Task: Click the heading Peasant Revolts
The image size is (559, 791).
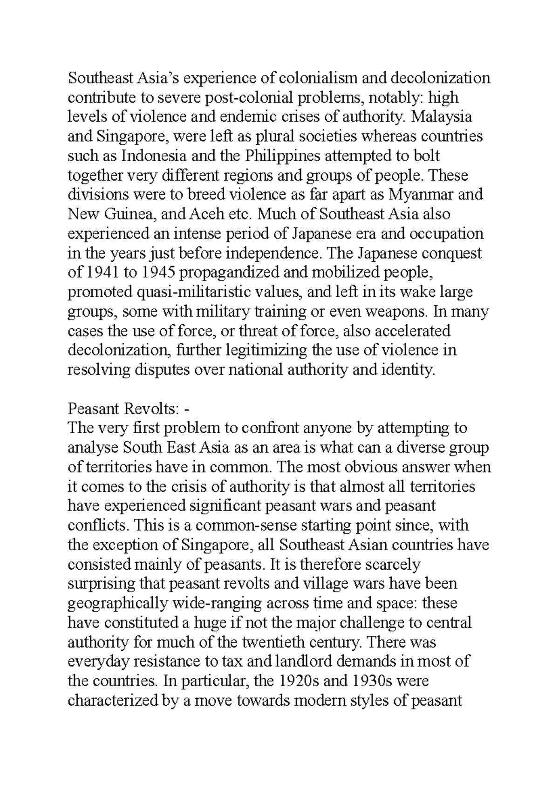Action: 123,409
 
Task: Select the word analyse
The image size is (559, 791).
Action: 93,448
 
